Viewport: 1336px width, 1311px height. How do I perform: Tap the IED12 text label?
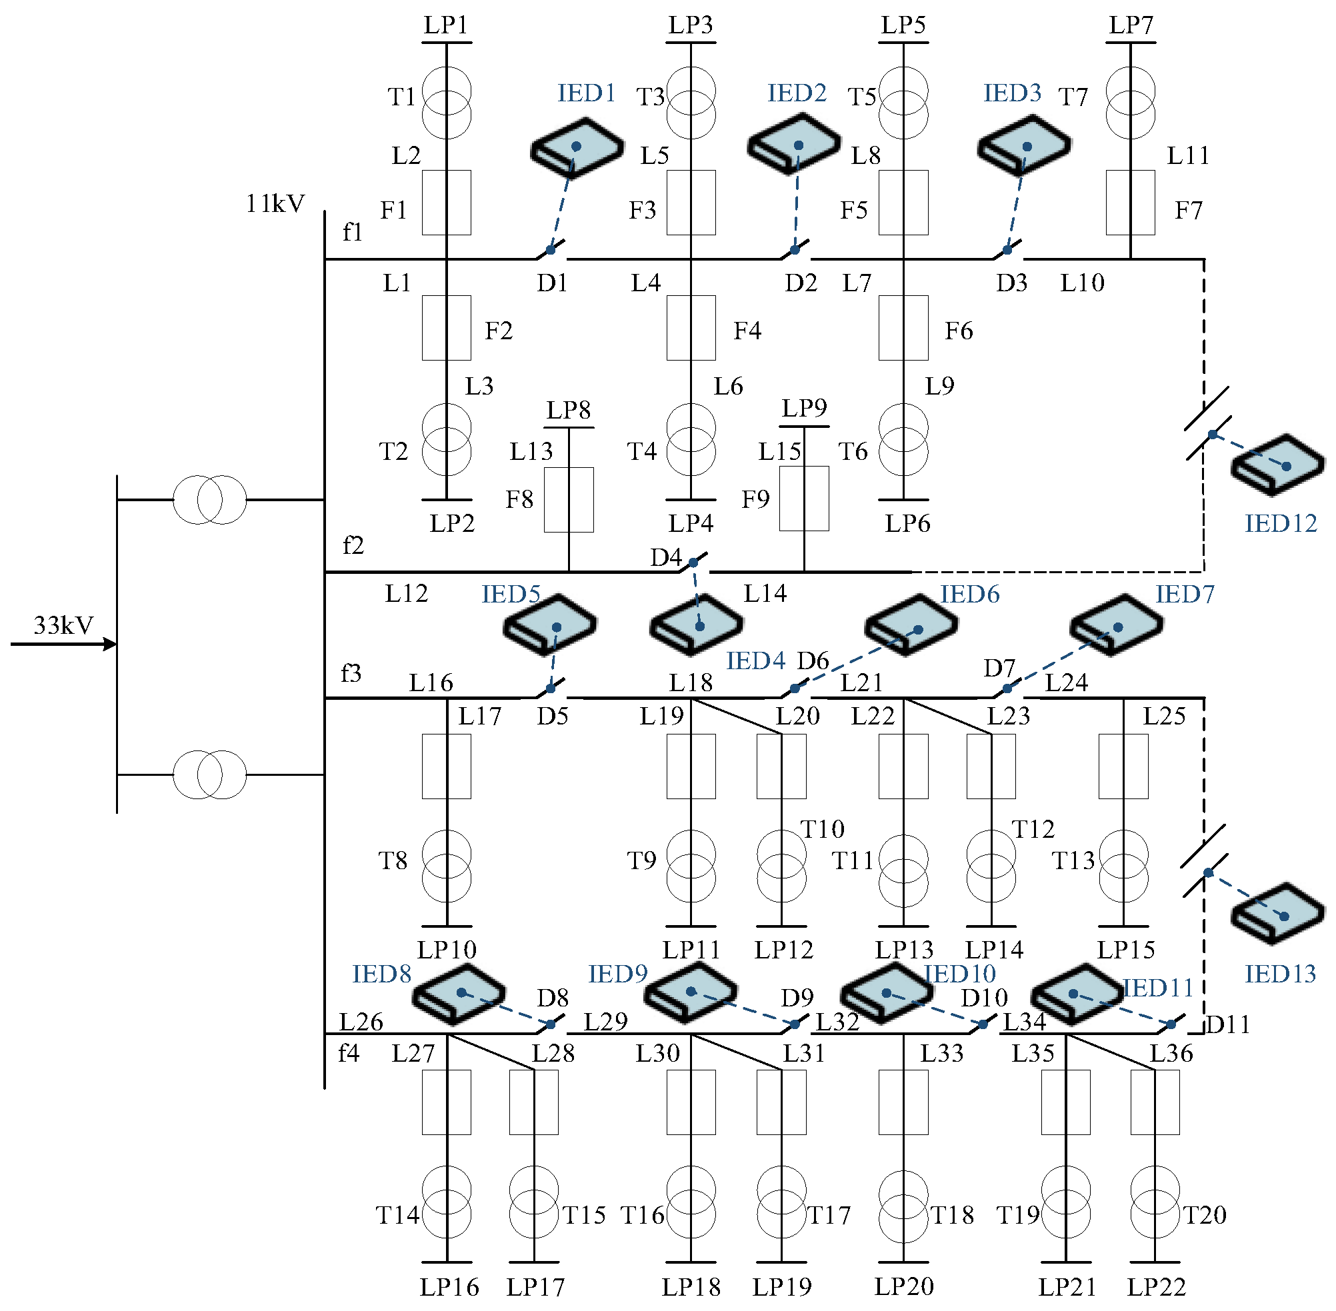click(x=1279, y=524)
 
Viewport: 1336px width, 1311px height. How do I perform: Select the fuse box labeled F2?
click(x=446, y=328)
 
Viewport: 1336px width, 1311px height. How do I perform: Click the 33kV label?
click(x=63, y=625)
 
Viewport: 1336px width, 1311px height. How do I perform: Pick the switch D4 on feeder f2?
click(x=693, y=563)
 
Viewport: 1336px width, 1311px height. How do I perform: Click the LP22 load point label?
click(x=1155, y=1286)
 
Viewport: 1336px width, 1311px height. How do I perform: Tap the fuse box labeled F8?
click(x=569, y=500)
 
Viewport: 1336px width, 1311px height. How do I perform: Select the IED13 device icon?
click(x=1278, y=913)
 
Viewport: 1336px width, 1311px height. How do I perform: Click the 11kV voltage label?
click(x=275, y=204)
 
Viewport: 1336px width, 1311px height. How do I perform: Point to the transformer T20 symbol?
click(x=1155, y=1202)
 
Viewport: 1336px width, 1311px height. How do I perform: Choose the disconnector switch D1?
click(x=551, y=249)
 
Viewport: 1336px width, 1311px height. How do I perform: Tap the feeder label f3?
click(x=351, y=672)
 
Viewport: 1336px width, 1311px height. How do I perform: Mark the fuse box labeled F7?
click(x=1130, y=203)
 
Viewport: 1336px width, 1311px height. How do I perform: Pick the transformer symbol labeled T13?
click(x=1123, y=866)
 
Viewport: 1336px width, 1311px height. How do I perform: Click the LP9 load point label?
click(x=803, y=409)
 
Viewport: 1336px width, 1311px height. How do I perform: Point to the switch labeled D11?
click(x=1171, y=1024)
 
